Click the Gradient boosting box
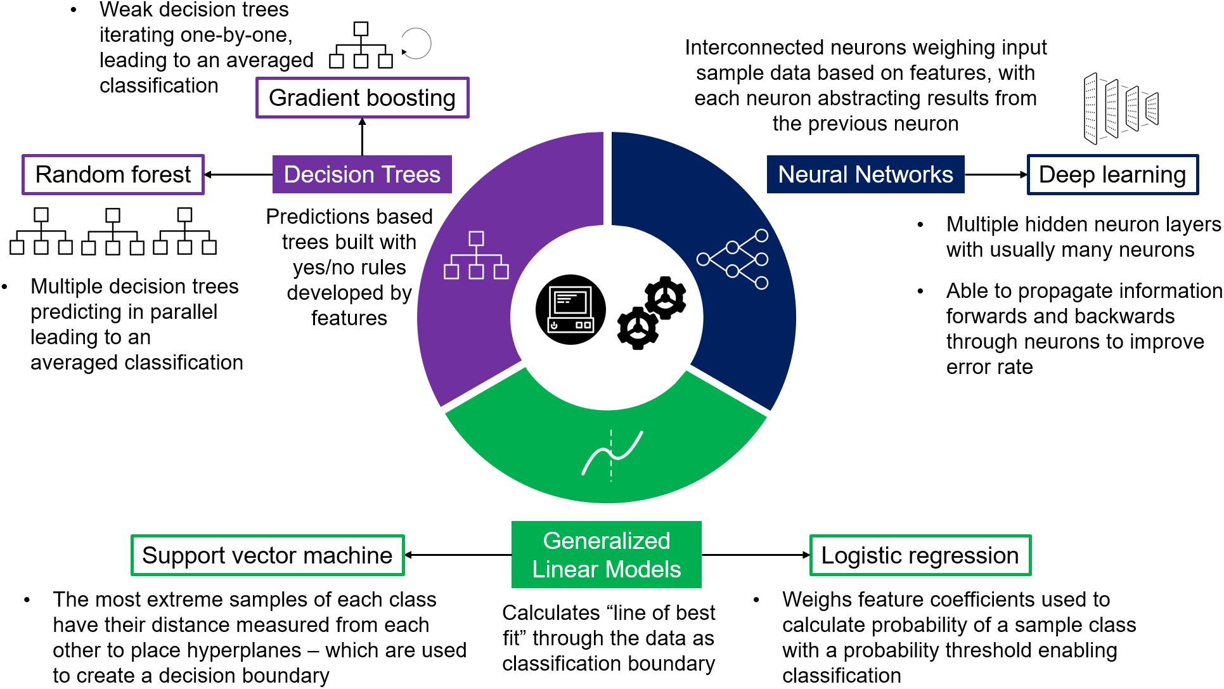click(x=362, y=98)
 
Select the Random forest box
click(x=113, y=174)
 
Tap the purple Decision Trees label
click(x=362, y=174)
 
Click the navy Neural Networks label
click(x=865, y=174)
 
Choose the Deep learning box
click(x=1112, y=174)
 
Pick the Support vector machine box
click(x=267, y=555)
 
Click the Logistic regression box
click(x=920, y=555)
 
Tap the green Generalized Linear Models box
click(x=606, y=555)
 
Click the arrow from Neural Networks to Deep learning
click(x=995, y=174)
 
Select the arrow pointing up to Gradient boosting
click(x=362, y=136)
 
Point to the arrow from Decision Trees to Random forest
click(x=238, y=174)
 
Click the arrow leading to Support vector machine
click(x=458, y=555)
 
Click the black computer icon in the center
click(x=570, y=309)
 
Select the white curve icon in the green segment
click(x=612, y=453)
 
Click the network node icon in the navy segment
click(x=733, y=259)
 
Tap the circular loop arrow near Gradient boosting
click(x=416, y=44)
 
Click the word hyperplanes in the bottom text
click(x=247, y=650)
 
